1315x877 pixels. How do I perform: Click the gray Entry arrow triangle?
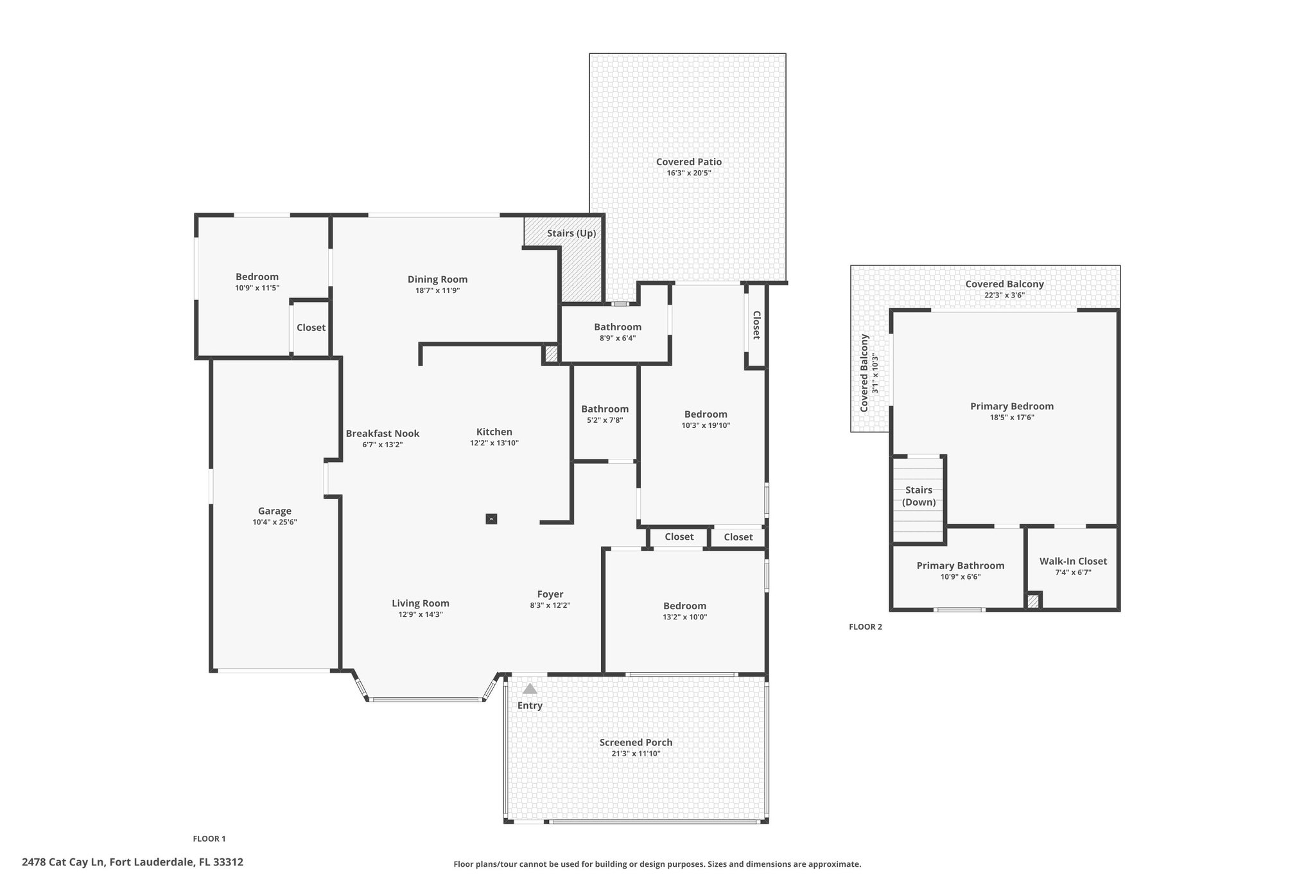coord(530,689)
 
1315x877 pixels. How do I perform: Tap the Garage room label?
coord(275,511)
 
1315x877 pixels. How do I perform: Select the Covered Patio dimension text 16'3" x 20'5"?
coord(689,173)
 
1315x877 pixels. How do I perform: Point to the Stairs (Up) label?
coord(571,233)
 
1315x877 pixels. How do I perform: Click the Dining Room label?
coord(437,279)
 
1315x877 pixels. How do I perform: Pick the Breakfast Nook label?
coord(383,433)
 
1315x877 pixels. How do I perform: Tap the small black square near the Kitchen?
coord(491,518)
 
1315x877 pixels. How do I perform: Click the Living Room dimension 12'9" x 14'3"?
coord(421,614)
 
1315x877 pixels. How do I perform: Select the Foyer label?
coord(550,594)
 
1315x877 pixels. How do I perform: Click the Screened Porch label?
coord(636,742)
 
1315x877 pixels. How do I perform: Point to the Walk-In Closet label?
coord(1074,561)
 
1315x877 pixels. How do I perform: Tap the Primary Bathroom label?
coord(961,565)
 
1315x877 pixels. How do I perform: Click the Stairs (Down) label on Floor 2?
coord(919,496)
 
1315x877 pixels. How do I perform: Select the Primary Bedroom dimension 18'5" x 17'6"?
coord(1012,417)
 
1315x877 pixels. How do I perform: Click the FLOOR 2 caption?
coord(866,626)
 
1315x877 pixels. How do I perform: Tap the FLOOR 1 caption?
coord(209,838)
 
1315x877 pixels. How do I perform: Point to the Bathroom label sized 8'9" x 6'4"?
coord(618,326)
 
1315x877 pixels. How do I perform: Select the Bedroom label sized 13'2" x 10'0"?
coord(685,605)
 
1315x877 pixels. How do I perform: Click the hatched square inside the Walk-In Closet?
coord(1032,601)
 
